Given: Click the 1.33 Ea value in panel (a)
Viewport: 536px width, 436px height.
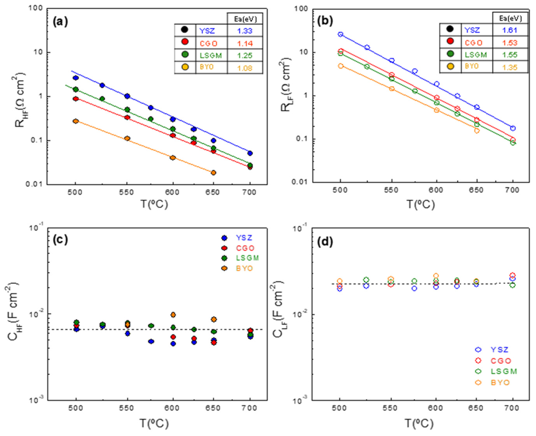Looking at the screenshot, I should click(x=245, y=31).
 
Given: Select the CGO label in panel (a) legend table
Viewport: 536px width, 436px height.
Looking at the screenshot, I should click(x=208, y=43).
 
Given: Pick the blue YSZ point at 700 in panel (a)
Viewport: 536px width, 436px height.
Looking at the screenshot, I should click(x=250, y=153).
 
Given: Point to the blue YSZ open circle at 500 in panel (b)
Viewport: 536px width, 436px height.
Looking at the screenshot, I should click(x=340, y=34).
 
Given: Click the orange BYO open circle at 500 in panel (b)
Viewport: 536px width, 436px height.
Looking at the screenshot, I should click(x=340, y=66).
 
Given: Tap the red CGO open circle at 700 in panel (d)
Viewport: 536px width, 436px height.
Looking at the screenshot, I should click(x=513, y=275).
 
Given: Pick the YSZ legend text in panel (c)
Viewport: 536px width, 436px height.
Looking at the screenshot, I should click(x=244, y=238).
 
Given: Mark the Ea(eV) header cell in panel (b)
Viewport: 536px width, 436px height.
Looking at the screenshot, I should click(x=510, y=18).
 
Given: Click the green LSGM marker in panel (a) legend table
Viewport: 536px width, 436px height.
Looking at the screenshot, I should click(x=185, y=55).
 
